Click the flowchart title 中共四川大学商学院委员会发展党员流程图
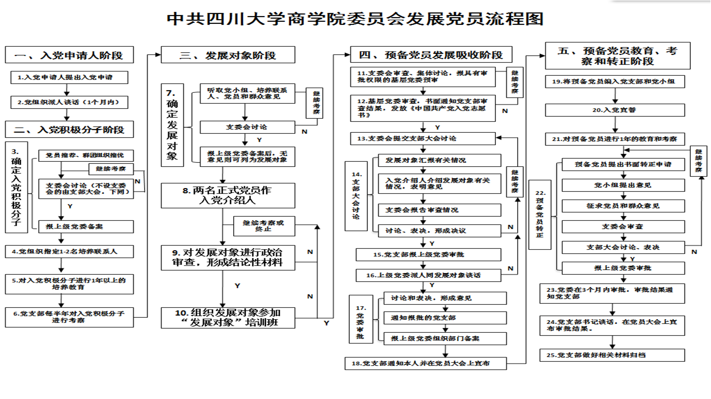pos(355,19)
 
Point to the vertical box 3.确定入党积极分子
pos(16,188)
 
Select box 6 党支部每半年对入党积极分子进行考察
pos(69,317)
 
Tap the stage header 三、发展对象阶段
pos(228,55)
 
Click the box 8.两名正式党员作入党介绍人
pos(228,195)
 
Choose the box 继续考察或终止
pos(264,226)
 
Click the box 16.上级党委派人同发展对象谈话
pos(428,275)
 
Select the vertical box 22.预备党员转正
pos(539,214)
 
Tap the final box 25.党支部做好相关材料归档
pos(615,355)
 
